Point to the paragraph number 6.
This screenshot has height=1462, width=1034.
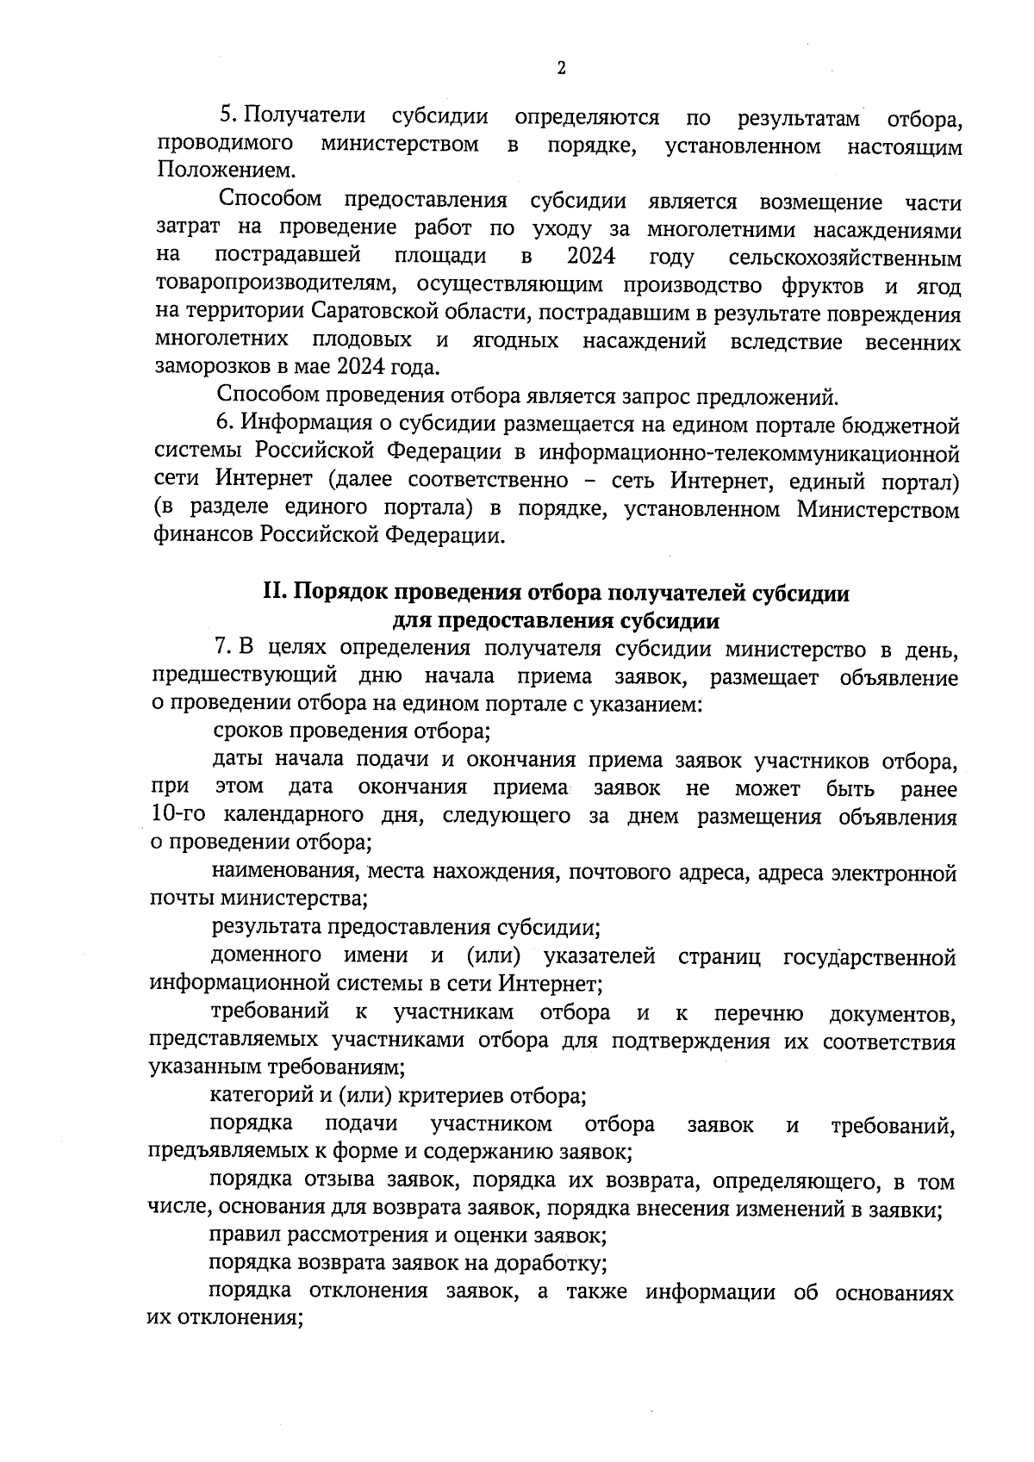coord(225,424)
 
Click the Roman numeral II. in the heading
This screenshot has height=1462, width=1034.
coord(275,594)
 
